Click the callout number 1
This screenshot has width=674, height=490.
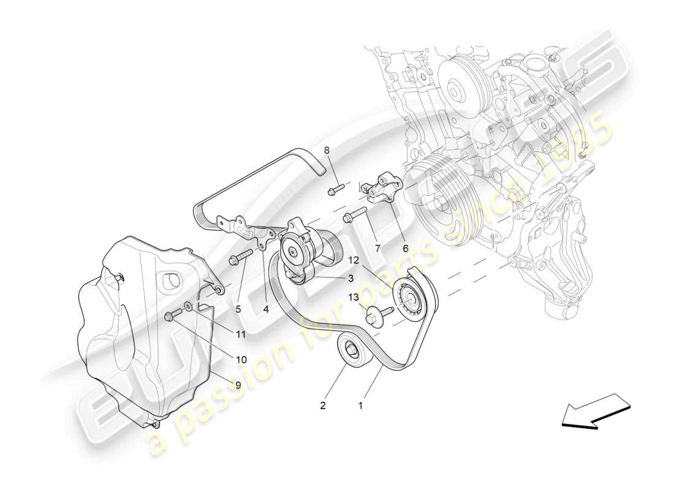360,405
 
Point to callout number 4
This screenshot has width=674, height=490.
265,309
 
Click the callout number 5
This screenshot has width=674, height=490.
238,309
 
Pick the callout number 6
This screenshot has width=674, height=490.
405,248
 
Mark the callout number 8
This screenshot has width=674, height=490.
327,150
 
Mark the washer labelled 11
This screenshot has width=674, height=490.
188,306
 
